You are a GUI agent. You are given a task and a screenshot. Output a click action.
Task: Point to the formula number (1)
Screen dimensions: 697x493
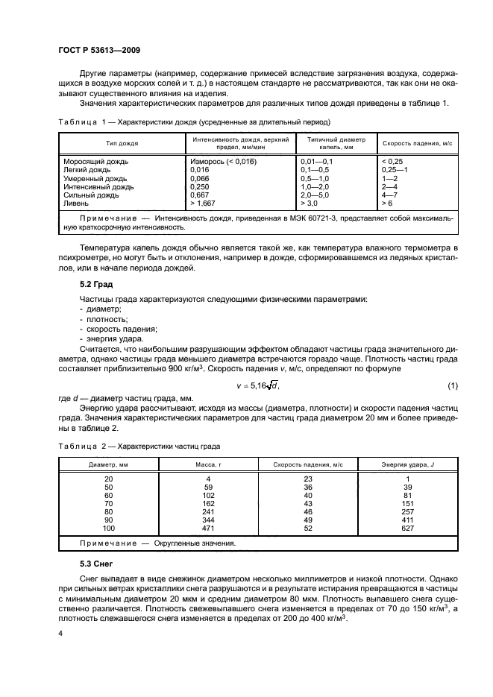point(451,385)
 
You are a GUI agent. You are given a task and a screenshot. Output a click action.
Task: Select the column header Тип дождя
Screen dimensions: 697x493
point(122,142)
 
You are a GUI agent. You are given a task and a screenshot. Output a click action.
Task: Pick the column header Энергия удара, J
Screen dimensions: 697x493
point(409,464)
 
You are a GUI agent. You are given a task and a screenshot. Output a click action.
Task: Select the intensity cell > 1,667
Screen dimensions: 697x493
point(205,202)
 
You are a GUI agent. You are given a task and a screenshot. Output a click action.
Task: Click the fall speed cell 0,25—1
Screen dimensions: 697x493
point(395,169)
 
